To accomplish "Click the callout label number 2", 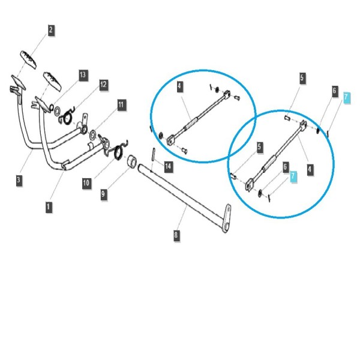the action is (51, 30).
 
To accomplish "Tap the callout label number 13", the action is (83, 75).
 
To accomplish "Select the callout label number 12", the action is (103, 85).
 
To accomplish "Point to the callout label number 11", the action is (121, 105).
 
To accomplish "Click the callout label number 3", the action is (19, 180).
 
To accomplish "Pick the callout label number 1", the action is (49, 207).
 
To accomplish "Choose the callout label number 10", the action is (86, 183).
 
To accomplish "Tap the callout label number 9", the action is (104, 194).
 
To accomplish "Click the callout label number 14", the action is (168, 166).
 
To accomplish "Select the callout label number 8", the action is (176, 235).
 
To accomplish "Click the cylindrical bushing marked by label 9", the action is (132, 161).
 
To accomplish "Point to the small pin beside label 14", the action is (154, 154).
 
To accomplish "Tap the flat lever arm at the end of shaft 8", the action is (227, 218).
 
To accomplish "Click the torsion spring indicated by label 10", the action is (119, 152).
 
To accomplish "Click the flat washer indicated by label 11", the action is (93, 135).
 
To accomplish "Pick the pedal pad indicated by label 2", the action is (29, 59).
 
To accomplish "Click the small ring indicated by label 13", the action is (52, 107).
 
